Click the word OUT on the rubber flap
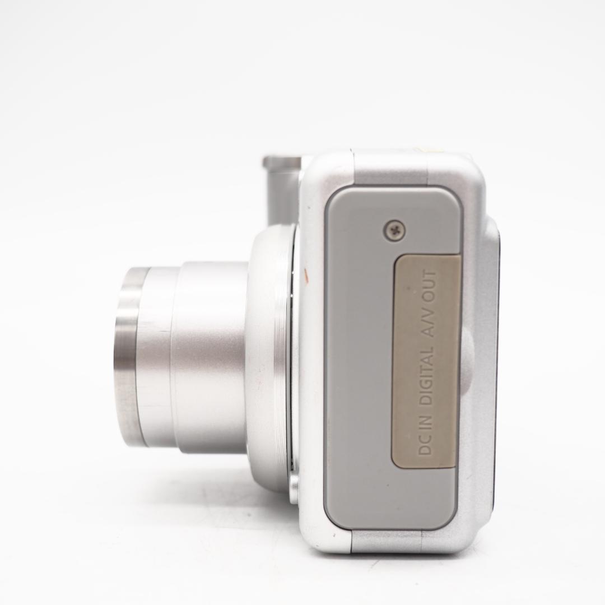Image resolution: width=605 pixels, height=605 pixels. pyautogui.click(x=429, y=285)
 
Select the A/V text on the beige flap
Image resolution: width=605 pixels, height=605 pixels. pyautogui.click(x=429, y=321)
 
